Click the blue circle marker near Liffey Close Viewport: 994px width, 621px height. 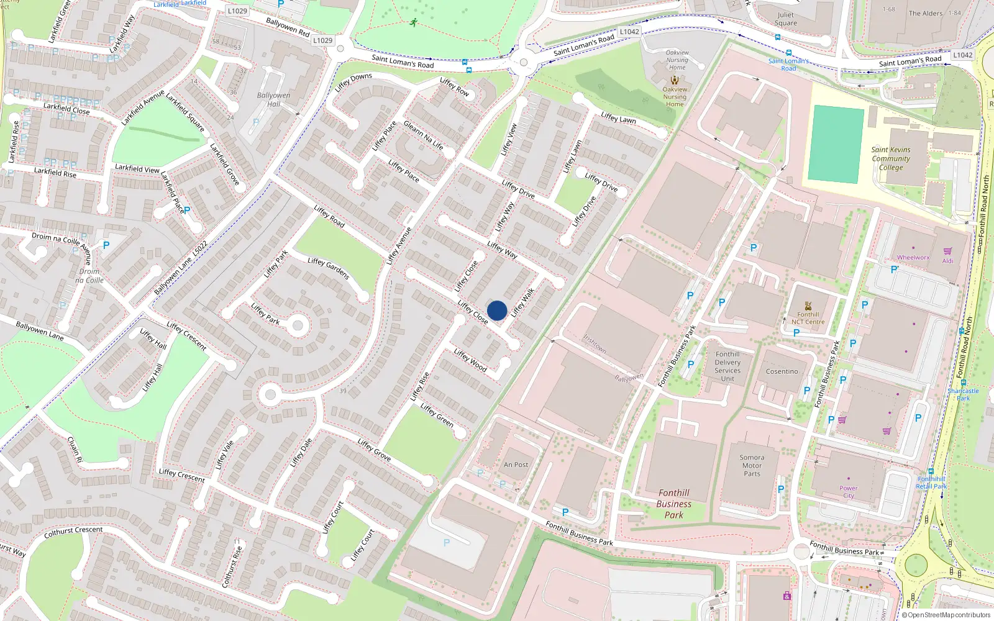497,310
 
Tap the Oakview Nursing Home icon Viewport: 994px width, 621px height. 675,79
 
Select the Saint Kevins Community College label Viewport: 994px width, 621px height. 891,158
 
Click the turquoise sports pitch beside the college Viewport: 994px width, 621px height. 836,144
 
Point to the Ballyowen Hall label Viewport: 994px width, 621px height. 273,99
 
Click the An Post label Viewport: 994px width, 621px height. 516,465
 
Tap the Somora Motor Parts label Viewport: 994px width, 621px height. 752,465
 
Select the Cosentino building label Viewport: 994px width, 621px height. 782,371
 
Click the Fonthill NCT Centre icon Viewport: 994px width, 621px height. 808,306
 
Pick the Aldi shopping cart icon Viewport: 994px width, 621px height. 947,251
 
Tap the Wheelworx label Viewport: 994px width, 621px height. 913,257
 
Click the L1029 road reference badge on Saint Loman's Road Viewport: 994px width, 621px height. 322,40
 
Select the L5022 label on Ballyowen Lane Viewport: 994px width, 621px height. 200,248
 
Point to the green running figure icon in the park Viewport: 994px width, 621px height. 414,23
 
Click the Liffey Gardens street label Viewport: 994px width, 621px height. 329,268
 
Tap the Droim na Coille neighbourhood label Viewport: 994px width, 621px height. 89,276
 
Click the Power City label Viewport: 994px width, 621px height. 849,492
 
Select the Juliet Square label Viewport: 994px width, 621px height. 785,19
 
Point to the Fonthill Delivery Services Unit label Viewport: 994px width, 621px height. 727,366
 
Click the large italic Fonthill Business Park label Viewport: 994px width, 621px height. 673,504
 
